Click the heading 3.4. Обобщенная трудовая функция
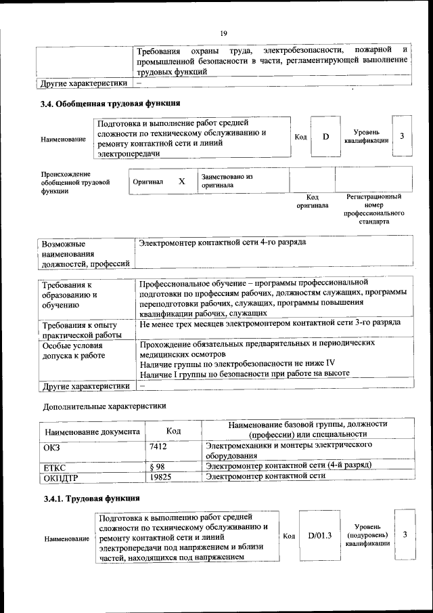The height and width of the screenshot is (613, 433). click(x=111, y=104)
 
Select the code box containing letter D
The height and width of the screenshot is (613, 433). click(x=325, y=137)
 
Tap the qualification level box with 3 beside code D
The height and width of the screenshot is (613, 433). click(x=402, y=137)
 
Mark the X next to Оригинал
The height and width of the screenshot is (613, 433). click(x=181, y=182)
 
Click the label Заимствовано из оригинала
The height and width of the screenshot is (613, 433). click(x=226, y=181)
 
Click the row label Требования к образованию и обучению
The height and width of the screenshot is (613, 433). click(x=70, y=295)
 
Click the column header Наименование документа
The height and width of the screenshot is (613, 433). click(x=93, y=431)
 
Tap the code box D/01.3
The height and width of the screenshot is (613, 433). click(x=319, y=536)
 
